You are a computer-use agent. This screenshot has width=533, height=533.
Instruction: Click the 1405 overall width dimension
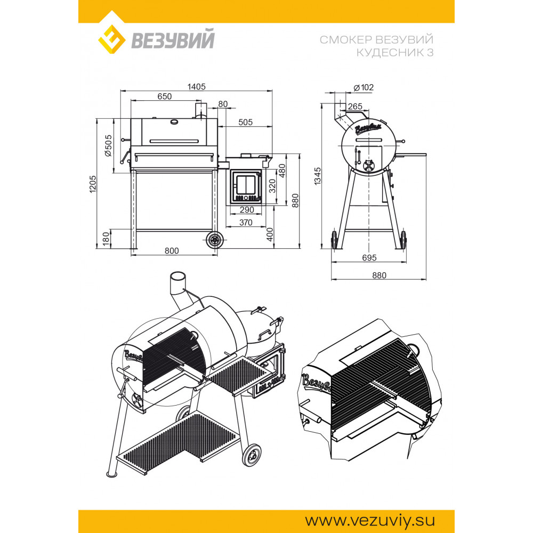coord(197,87)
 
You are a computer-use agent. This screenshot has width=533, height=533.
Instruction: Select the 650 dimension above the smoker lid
coord(165,96)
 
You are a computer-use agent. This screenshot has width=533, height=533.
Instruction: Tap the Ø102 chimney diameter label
coord(364,87)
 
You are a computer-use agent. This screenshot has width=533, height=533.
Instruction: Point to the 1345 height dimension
coord(318,176)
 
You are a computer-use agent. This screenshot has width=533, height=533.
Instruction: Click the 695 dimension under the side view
coord(369,257)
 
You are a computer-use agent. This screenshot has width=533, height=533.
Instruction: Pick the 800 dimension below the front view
coord(172,251)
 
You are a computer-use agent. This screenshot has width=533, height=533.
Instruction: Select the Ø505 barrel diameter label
coord(108,146)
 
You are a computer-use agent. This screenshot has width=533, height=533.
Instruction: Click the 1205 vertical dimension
coord(93,184)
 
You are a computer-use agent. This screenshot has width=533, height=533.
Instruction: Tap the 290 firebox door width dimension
coord(247,210)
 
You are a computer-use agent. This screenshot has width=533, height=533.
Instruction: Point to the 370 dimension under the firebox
coord(246,223)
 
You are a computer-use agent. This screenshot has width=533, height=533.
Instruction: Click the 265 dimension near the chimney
coord(355,107)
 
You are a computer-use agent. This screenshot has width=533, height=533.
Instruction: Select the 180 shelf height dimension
coord(106,239)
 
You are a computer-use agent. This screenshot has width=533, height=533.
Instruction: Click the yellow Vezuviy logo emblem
coord(111,39)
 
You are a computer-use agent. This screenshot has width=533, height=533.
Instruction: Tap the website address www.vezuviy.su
coord(369,521)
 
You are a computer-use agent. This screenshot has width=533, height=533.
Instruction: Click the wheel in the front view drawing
coord(214,240)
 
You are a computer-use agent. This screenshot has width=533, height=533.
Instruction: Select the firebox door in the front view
coord(246,187)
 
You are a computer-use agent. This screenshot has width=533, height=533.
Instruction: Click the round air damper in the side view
coord(368,166)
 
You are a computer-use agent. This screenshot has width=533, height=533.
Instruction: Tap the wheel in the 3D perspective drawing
coord(252,455)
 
